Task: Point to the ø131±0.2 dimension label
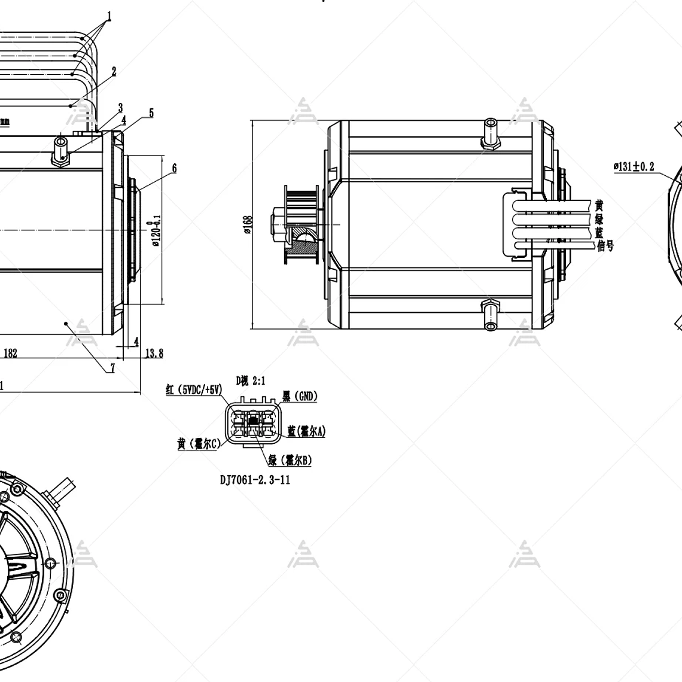coord(634,167)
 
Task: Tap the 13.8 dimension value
coord(154,354)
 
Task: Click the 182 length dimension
coord(11,353)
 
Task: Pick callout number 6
coord(174,168)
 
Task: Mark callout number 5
coord(151,113)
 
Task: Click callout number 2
coord(114,71)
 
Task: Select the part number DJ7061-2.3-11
coord(254,479)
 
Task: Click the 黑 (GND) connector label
coord(300,396)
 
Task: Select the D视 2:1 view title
coord(250,380)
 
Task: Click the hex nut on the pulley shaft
coord(279,216)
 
